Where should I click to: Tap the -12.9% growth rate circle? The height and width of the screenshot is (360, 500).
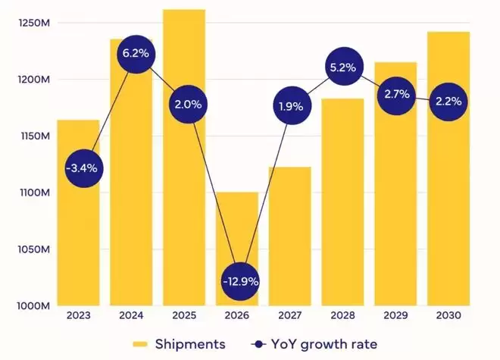point(241,281)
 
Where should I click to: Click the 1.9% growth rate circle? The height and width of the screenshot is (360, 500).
point(290,106)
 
